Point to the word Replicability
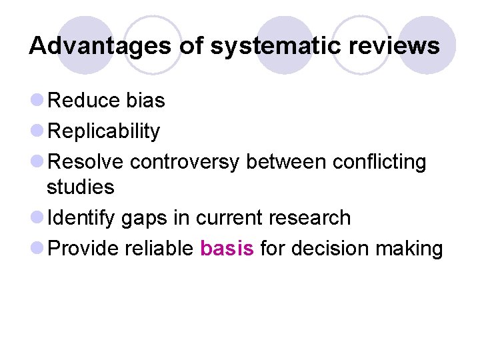pos(105,131)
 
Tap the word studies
pos(80,187)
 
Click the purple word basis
pos(227,249)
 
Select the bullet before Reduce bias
pos(38,101)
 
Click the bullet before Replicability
pos(38,132)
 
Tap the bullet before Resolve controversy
pos(38,163)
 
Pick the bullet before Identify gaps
pos(38,219)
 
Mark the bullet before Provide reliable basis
pos(38,249)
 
